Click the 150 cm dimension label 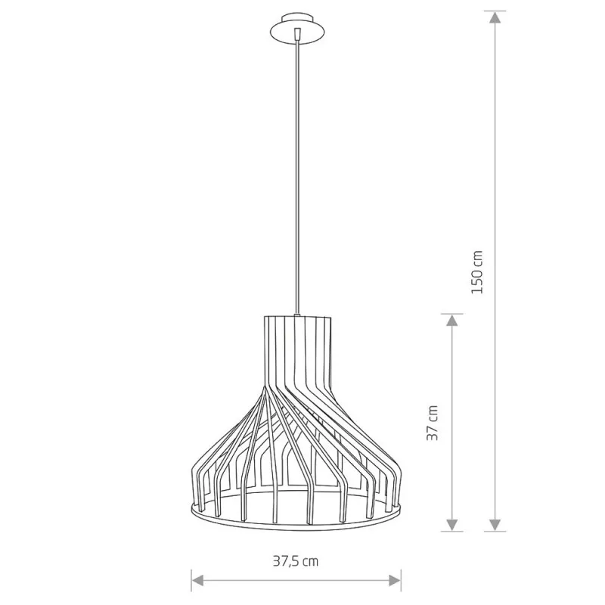click(477, 272)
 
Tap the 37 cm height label click(433, 423)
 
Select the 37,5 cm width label click(296, 560)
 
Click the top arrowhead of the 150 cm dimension click(495, 17)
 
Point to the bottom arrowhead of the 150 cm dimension click(495, 525)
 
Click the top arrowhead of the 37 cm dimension click(451, 320)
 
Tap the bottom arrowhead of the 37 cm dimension click(451, 525)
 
